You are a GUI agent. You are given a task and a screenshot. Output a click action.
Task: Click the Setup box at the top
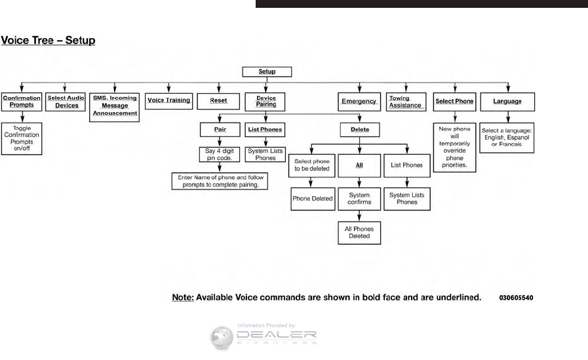tap(267, 71)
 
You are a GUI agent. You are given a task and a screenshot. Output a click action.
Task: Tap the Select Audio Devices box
tap(67, 102)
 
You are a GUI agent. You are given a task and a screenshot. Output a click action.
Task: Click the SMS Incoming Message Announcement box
tap(114, 105)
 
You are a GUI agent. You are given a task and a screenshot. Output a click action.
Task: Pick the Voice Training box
tap(168, 101)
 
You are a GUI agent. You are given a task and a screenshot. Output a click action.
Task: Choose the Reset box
tap(218, 102)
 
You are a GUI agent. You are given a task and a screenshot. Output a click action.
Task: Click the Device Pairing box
tap(266, 102)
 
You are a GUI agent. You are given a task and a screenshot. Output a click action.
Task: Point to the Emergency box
tap(359, 102)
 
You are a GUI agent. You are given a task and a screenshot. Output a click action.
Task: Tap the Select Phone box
tap(455, 102)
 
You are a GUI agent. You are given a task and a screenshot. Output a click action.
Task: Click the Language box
tap(508, 102)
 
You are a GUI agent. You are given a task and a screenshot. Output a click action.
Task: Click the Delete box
tap(360, 130)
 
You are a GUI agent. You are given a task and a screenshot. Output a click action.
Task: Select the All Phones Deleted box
tap(360, 233)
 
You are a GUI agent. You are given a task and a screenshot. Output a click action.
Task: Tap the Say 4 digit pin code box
tap(218, 155)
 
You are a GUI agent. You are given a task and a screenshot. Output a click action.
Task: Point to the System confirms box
tap(360, 199)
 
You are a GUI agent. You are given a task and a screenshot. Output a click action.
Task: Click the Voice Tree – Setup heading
tap(49, 41)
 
